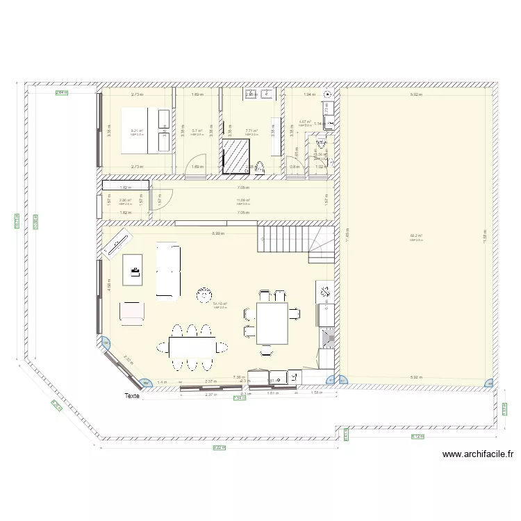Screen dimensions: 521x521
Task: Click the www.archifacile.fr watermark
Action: [x=477, y=455]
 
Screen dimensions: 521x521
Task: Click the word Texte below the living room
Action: [x=132, y=397]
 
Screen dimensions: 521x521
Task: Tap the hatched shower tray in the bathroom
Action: [x=237, y=155]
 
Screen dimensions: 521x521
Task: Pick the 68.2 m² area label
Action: [x=415, y=236]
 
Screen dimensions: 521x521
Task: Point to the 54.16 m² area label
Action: [x=220, y=304]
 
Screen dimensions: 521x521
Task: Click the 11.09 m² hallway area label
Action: [x=242, y=201]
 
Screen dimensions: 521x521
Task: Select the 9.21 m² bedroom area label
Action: [x=136, y=131]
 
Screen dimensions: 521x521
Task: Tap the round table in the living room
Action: [x=204, y=295]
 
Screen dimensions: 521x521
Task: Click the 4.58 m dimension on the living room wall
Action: [x=108, y=284]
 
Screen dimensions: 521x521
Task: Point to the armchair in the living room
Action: [x=132, y=313]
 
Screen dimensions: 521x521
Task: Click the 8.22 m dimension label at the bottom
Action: [x=218, y=447]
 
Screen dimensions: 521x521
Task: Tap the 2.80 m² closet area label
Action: [x=125, y=201]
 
